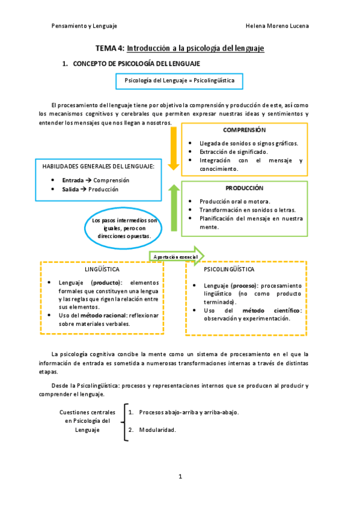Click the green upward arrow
[174, 207]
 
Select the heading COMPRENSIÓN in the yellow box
[244, 130]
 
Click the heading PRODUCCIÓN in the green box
[244, 188]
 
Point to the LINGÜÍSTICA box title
[102, 269]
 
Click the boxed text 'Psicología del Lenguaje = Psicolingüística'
[179, 80]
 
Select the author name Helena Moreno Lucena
[278, 26]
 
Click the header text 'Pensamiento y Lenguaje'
[84, 26]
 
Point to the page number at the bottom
[180, 476]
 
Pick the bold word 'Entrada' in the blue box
[73, 180]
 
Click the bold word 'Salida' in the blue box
[70, 189]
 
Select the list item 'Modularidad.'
[157, 430]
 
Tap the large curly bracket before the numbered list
[125, 422]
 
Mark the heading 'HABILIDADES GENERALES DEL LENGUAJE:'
[98, 166]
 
